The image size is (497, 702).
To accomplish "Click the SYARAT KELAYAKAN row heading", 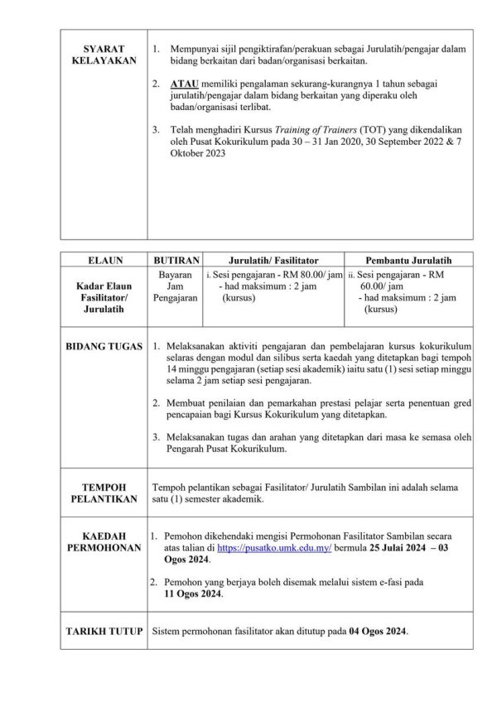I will (104, 55).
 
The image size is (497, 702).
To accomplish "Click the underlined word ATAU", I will (181, 85).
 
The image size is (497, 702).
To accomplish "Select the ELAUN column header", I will (104, 259).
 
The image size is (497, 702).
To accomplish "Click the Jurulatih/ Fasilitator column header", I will (273, 259).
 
